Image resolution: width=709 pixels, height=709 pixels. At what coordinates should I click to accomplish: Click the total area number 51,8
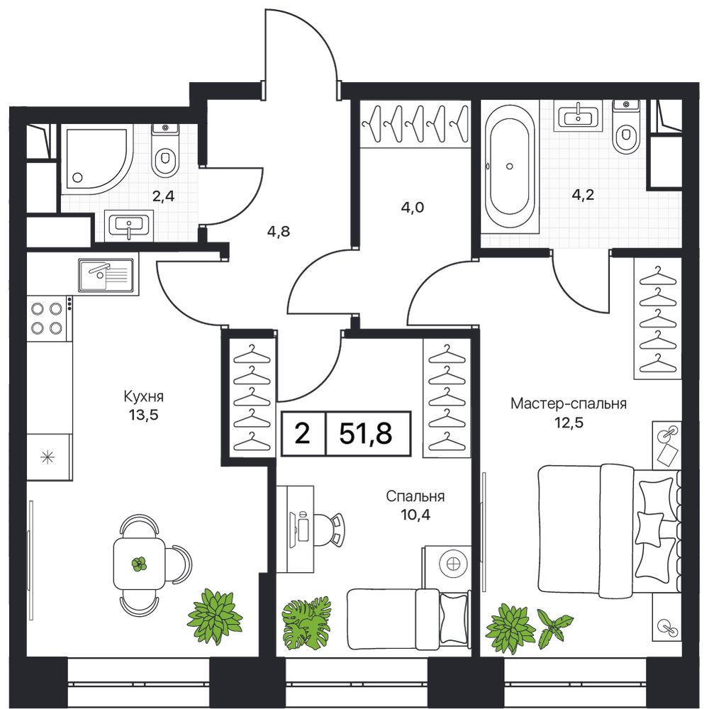click(x=365, y=434)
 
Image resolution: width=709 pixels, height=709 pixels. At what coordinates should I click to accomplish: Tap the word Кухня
click(x=144, y=397)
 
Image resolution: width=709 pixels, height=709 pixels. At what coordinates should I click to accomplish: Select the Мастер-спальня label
click(x=569, y=403)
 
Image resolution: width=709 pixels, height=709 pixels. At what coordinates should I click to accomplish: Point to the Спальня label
click(x=415, y=496)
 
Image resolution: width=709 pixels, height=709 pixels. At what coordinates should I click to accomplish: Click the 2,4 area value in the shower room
click(x=163, y=196)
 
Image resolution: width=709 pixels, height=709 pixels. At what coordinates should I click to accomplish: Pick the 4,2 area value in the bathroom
click(x=583, y=195)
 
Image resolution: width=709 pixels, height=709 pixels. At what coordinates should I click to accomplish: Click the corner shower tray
click(x=97, y=158)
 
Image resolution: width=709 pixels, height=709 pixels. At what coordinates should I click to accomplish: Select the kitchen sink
click(x=106, y=275)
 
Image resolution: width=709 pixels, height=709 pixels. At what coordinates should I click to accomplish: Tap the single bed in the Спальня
click(x=408, y=618)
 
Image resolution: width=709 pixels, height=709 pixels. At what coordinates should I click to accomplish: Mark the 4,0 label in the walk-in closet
click(x=413, y=208)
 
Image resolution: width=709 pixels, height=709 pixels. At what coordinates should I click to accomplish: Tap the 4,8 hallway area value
click(x=279, y=232)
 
